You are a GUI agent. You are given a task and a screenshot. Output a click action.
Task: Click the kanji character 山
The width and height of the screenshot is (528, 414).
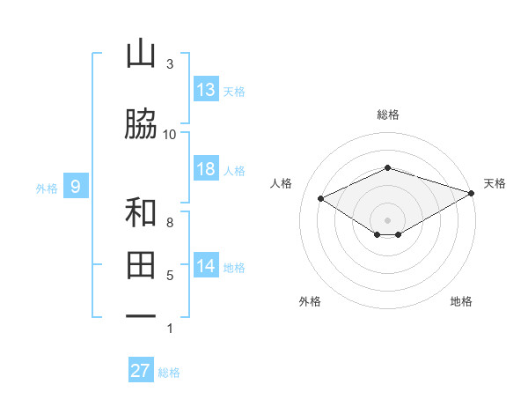coord(141,55)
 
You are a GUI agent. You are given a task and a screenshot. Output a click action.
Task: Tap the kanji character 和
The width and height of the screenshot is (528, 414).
coord(141,213)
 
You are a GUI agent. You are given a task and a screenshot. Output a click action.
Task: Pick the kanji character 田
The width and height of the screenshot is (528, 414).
coord(141,265)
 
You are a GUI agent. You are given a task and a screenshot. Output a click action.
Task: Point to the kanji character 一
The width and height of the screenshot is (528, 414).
coord(141,316)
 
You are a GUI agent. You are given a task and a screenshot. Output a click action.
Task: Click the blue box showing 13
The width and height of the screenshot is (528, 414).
coord(206,90)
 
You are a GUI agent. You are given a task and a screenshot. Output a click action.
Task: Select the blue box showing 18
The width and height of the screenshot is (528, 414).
coord(206,169)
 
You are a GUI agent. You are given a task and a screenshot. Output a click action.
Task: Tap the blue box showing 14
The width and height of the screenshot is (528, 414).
coord(206,266)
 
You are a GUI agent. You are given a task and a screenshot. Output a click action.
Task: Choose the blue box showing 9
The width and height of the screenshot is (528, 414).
coord(77,186)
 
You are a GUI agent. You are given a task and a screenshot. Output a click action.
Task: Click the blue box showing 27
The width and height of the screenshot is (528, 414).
coord(141,371)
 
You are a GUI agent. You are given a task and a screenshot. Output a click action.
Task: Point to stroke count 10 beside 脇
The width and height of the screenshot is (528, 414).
coord(170,134)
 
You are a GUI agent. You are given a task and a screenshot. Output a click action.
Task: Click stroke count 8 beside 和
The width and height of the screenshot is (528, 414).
coord(170,223)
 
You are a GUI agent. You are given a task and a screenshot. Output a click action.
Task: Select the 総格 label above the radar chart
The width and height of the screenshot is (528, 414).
coord(387,115)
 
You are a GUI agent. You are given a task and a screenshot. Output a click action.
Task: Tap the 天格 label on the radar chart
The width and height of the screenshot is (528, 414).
coord(495,183)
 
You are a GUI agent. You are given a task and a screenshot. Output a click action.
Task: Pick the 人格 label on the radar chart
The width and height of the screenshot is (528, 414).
coord(281,183)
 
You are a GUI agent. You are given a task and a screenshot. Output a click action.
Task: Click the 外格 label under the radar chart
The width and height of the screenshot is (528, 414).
coord(310,301)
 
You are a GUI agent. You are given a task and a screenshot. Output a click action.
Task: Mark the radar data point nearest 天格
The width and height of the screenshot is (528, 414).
coord(473,191)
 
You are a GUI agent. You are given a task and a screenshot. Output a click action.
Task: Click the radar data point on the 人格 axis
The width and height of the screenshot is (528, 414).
coord(321,197)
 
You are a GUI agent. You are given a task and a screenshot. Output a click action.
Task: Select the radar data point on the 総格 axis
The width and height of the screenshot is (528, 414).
coord(387,167)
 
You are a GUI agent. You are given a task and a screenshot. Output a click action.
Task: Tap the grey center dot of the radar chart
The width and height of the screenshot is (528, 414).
coord(387,218)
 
